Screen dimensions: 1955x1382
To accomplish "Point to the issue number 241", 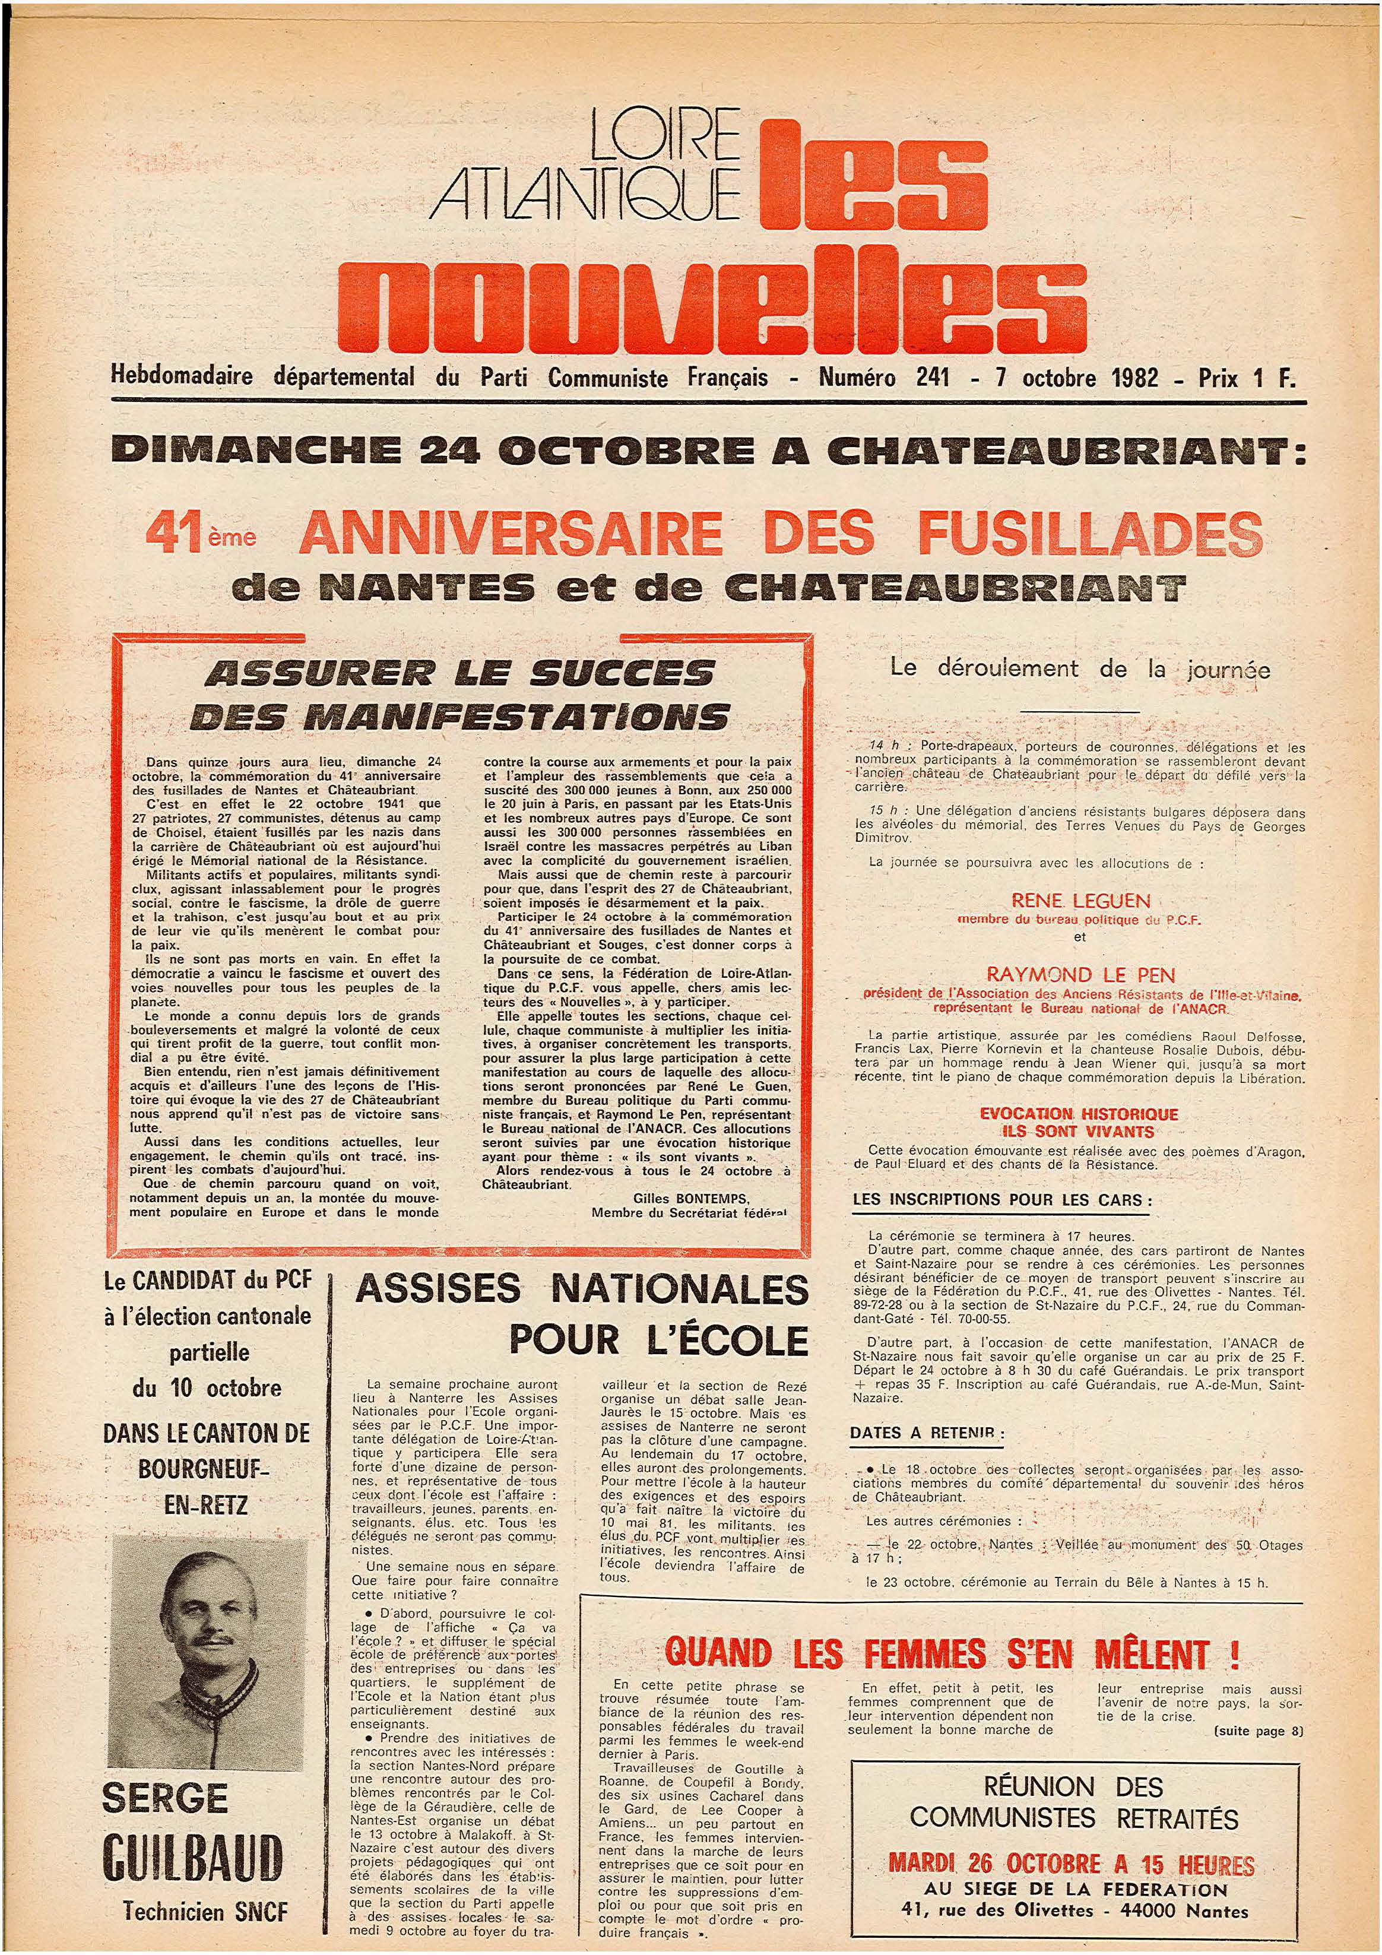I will coord(933,376).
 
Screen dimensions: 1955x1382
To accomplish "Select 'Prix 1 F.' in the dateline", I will coord(1247,377).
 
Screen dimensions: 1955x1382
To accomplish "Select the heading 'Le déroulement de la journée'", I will coord(1080,668).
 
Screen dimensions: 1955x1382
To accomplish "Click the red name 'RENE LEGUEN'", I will coord(1080,900).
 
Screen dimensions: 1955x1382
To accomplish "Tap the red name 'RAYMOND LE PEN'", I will coord(1080,974).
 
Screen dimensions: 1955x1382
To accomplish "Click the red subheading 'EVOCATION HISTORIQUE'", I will coord(1078,1113).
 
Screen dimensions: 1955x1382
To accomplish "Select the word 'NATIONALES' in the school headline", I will coord(680,1289).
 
